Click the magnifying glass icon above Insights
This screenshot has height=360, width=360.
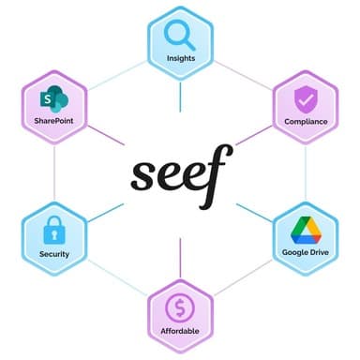[x=179, y=36]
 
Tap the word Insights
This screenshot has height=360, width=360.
[x=180, y=58]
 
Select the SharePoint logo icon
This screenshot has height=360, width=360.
[x=53, y=99]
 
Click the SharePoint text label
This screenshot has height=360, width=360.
[x=53, y=121]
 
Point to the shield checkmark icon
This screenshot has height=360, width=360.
[x=306, y=97]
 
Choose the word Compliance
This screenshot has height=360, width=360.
[x=306, y=121]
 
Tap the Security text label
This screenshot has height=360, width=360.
[x=53, y=253]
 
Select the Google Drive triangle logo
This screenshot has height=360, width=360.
[x=306, y=230]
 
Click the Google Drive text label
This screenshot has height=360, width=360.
[x=306, y=253]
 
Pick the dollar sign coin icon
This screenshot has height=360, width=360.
[x=179, y=307]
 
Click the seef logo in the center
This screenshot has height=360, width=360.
[x=180, y=176]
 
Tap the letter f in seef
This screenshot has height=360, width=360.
[x=218, y=176]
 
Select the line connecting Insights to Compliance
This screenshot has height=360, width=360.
[x=244, y=71]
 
